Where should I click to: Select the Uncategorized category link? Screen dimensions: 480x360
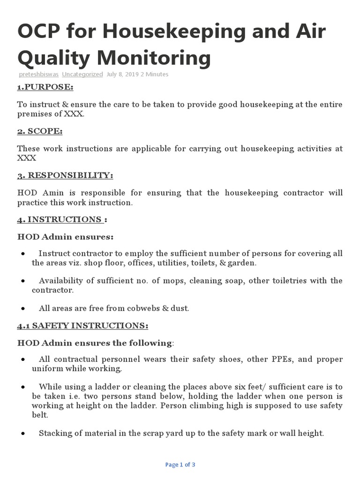[82, 74]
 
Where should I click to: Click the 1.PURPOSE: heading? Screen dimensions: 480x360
[45, 87]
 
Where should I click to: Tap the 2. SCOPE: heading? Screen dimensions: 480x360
[40, 131]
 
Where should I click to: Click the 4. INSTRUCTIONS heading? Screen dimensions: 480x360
[60, 219]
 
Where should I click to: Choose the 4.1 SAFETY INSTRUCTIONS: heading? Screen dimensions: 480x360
[83, 325]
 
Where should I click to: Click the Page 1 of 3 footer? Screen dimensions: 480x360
[180, 465]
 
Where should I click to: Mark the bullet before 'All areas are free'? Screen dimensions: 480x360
[23, 308]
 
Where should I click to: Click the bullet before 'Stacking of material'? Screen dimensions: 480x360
[23, 434]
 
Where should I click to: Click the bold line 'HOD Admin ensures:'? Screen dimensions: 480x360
[65, 237]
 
